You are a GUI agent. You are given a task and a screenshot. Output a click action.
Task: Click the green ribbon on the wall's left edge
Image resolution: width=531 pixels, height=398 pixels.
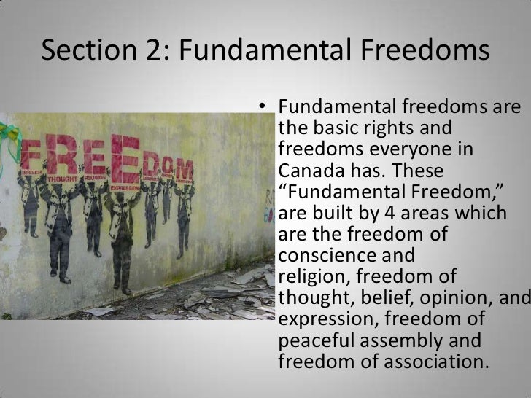(x=9, y=138)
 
